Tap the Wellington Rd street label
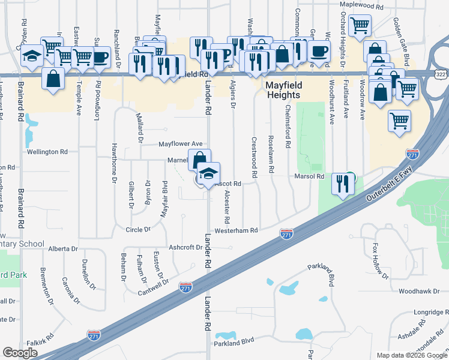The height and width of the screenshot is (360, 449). point(47,152)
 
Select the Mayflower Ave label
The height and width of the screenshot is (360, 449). point(180,144)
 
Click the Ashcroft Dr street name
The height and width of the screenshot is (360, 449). point(186,247)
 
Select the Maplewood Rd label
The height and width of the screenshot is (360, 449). point(361,5)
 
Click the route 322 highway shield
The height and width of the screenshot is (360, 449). point(441,73)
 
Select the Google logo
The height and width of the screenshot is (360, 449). point(20,353)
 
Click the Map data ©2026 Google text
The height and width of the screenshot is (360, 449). point(411,355)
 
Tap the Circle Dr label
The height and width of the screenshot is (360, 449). point(138,229)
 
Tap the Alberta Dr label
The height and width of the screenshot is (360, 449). point(63,248)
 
